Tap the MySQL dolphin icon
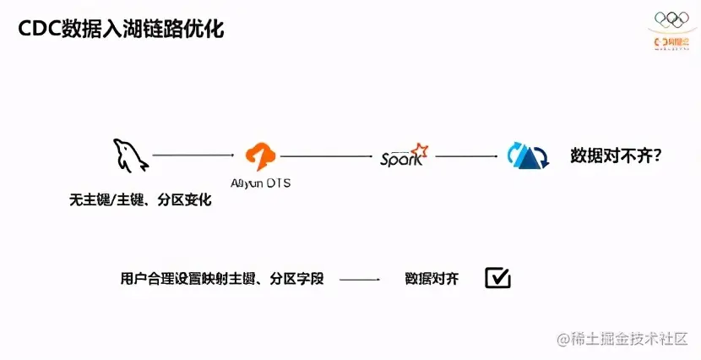pyautogui.click(x=128, y=156)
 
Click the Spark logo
pyautogui.click(x=404, y=157)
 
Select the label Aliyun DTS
pyautogui.click(x=260, y=183)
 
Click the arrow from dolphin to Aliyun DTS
pyautogui.click(x=193, y=155)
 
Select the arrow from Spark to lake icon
pyautogui.click(x=466, y=155)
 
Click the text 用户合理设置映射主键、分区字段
pyautogui.click(x=222, y=278)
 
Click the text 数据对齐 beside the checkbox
pyautogui.click(x=432, y=278)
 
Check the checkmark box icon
pyautogui.click(x=497, y=278)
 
